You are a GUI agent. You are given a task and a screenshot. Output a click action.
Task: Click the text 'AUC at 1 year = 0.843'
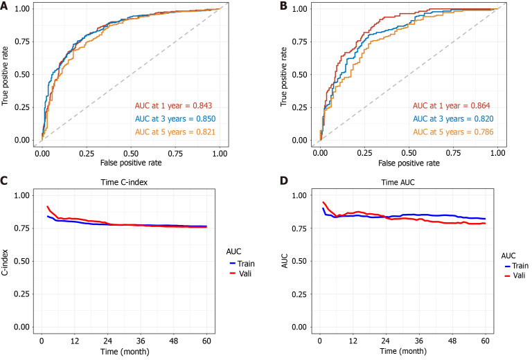(x=173, y=106)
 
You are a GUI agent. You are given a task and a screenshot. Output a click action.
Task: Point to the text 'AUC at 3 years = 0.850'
(x=176, y=118)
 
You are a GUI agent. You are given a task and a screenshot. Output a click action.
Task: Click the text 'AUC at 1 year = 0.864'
(x=452, y=106)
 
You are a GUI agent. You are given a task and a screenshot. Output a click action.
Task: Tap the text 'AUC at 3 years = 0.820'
(x=454, y=118)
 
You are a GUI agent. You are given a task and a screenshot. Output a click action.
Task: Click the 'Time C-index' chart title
(x=130, y=183)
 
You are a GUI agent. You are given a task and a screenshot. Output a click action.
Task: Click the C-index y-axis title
(x=7, y=261)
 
